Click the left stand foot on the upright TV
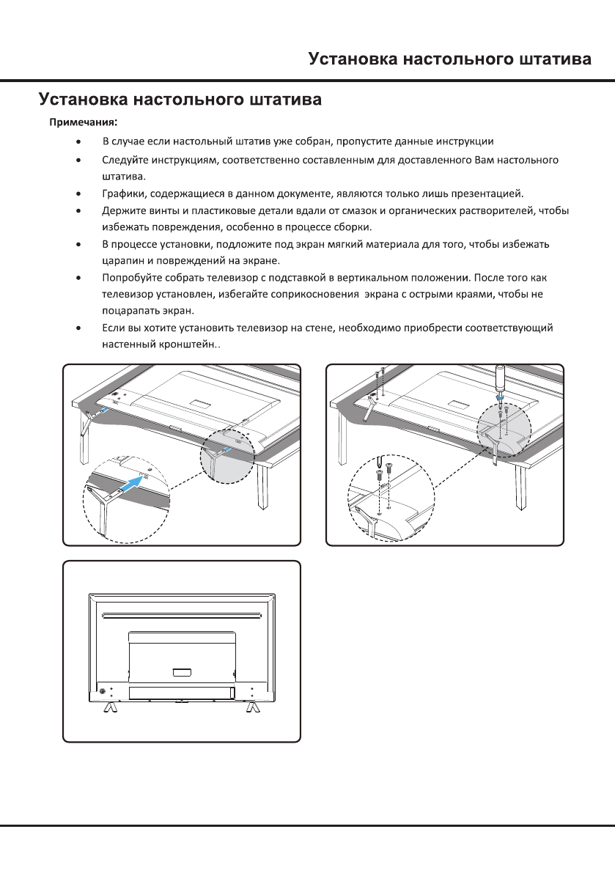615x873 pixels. coord(108,706)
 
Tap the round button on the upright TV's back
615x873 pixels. coord(100,690)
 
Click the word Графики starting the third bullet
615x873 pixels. coord(122,194)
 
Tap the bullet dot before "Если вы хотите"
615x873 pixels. coord(78,328)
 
